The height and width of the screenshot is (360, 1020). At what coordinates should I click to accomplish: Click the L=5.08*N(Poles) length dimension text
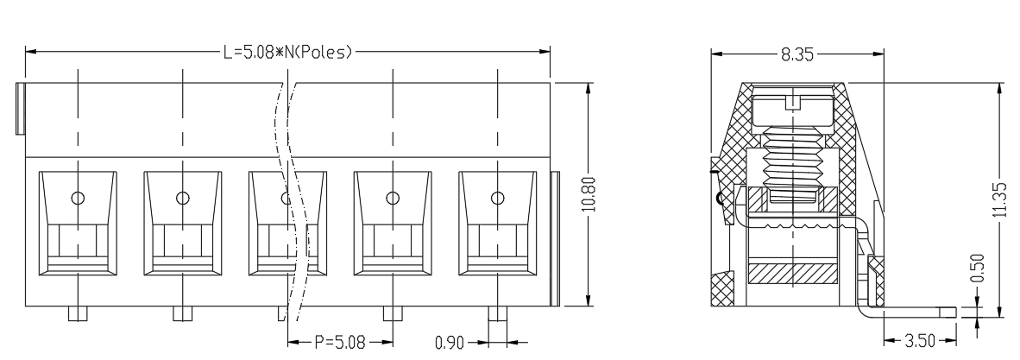(287, 52)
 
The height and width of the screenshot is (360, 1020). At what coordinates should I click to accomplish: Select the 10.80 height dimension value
(589, 194)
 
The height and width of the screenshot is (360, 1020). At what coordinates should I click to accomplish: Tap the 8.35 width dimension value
(796, 54)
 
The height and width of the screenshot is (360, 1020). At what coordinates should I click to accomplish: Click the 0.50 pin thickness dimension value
(978, 268)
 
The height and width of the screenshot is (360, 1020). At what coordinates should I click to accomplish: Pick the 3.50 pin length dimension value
(920, 340)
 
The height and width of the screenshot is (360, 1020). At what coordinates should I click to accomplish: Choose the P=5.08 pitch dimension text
(340, 341)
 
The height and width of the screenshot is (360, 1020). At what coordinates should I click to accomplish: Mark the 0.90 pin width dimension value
(450, 342)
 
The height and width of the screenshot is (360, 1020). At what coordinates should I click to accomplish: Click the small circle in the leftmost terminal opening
(78, 198)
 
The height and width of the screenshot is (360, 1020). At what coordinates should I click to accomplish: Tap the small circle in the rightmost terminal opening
(498, 198)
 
